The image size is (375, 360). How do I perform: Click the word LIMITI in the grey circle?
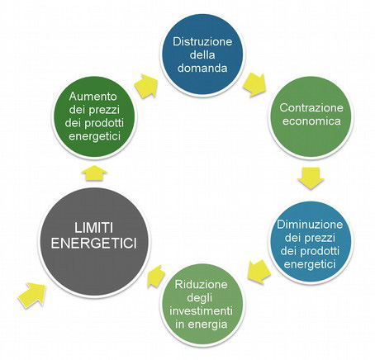click(x=93, y=229)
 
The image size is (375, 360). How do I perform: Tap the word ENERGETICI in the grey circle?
click(x=94, y=244)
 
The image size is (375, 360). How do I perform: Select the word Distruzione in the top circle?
click(x=202, y=42)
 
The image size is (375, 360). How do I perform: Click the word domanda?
click(x=202, y=68)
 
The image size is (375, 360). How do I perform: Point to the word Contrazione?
click(x=311, y=107)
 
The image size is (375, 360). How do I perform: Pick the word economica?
click(x=311, y=121)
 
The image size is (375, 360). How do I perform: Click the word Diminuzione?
click(x=310, y=225)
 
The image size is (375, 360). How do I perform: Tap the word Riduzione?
click(x=202, y=284)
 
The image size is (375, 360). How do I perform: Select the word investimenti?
click(x=202, y=311)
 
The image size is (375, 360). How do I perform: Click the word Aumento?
click(x=93, y=97)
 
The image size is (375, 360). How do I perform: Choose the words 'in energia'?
click(x=202, y=324)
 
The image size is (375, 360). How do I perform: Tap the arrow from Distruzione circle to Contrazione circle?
click(x=255, y=85)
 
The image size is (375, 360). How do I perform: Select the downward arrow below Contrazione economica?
click(x=311, y=178)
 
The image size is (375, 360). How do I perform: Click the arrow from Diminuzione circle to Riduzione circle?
click(x=259, y=272)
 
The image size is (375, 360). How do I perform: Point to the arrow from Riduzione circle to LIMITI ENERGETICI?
click(x=156, y=277)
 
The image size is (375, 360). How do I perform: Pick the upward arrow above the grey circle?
click(x=94, y=173)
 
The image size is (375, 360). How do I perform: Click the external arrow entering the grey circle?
click(x=31, y=295)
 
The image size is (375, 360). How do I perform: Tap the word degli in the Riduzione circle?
click(x=202, y=298)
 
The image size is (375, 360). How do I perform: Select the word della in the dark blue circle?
click(x=202, y=55)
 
